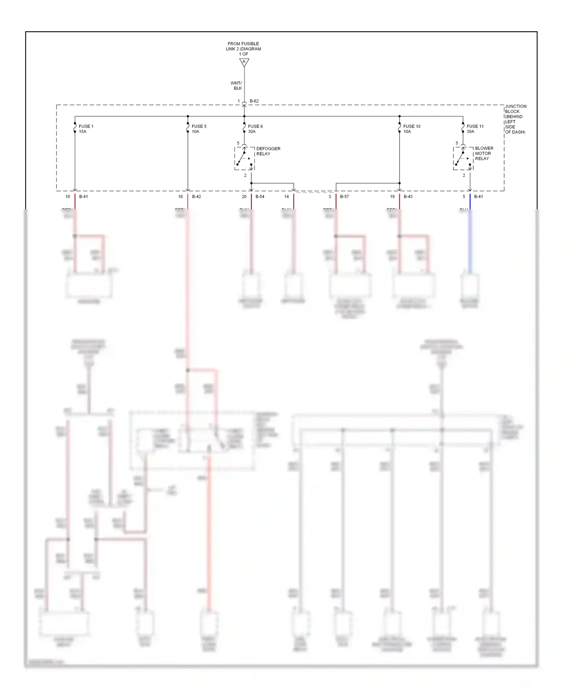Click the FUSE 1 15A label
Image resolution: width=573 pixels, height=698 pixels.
[86, 129]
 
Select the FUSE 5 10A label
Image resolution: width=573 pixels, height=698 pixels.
[199, 129]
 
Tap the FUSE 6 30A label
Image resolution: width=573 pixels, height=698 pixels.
[255, 129]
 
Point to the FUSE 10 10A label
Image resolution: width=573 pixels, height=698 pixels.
[411, 129]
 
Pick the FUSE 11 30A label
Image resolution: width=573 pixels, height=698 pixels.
[475, 129]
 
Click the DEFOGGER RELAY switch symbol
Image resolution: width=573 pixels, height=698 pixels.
[244, 158]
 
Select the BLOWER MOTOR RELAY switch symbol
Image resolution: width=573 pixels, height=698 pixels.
[463, 158]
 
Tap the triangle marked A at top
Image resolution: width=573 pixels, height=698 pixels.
[244, 62]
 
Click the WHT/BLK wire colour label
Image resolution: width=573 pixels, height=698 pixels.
[236, 86]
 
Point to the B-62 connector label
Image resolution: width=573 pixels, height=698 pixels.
[254, 101]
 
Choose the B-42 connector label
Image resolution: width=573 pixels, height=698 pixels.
[196, 197]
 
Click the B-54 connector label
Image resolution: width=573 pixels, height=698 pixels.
[260, 197]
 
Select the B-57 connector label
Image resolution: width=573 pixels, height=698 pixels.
[344, 197]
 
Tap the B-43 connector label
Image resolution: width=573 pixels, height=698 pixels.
[408, 197]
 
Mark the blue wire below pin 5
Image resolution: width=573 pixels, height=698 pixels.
[470, 241]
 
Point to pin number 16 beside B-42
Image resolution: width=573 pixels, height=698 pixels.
[180, 197]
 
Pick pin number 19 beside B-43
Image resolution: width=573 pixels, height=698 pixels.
[392, 197]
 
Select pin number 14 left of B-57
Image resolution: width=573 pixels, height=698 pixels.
[286, 197]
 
